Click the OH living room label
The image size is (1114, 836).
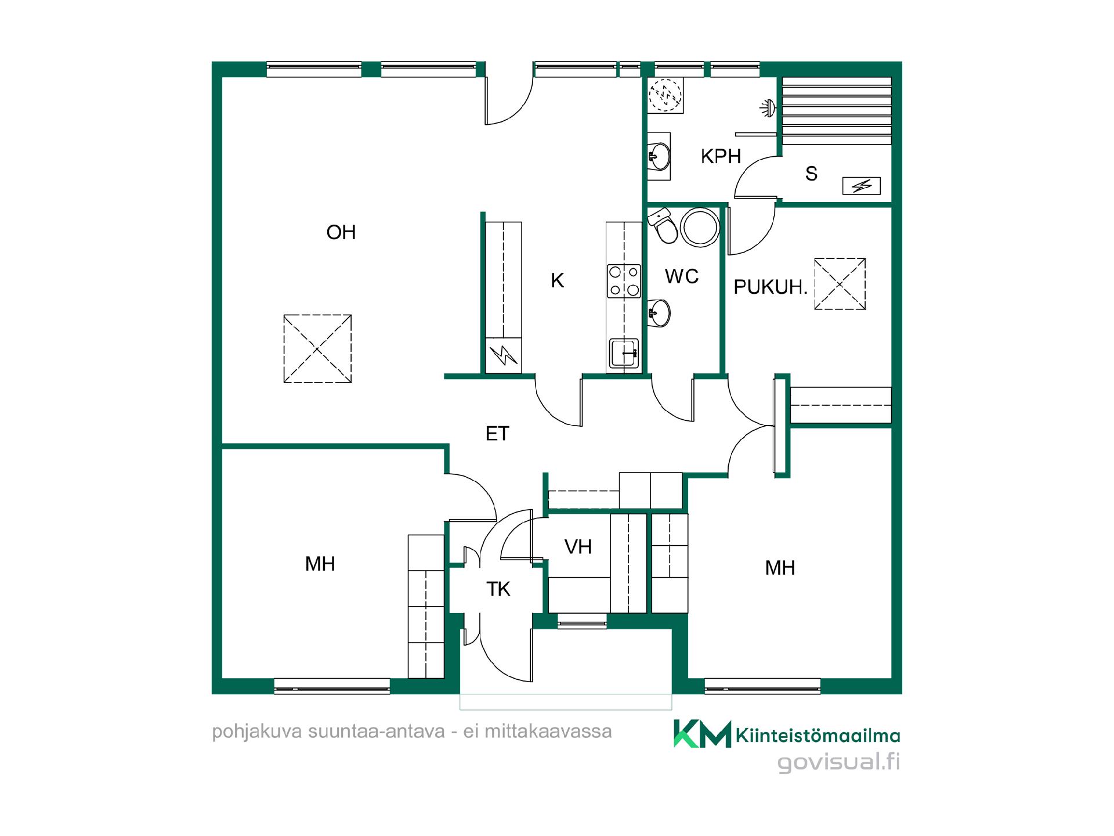[x=341, y=232]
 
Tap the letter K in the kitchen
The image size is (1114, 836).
[x=558, y=280]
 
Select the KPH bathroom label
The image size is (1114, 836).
[x=721, y=156]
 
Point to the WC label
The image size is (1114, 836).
[x=682, y=276]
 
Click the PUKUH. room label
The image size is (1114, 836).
[x=771, y=287]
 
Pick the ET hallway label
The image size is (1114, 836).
[x=497, y=434]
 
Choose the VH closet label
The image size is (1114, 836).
[x=578, y=546]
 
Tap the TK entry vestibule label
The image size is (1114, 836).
[x=498, y=589]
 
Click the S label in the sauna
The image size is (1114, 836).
[x=811, y=174]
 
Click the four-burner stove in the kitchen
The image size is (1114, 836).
[x=624, y=281]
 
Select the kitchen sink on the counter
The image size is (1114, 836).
[x=624, y=353]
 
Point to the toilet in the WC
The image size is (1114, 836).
[x=663, y=227]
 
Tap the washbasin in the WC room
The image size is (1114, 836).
[x=659, y=313]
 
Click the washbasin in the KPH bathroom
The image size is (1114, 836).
[x=659, y=156]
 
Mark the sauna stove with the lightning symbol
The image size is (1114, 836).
[x=862, y=186]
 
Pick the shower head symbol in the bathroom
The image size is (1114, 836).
[x=768, y=107]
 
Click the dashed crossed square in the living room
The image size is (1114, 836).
[x=317, y=348]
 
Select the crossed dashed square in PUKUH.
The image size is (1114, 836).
[x=840, y=284]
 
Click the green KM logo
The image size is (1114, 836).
[x=702, y=734]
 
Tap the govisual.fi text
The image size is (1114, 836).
[x=839, y=762]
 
